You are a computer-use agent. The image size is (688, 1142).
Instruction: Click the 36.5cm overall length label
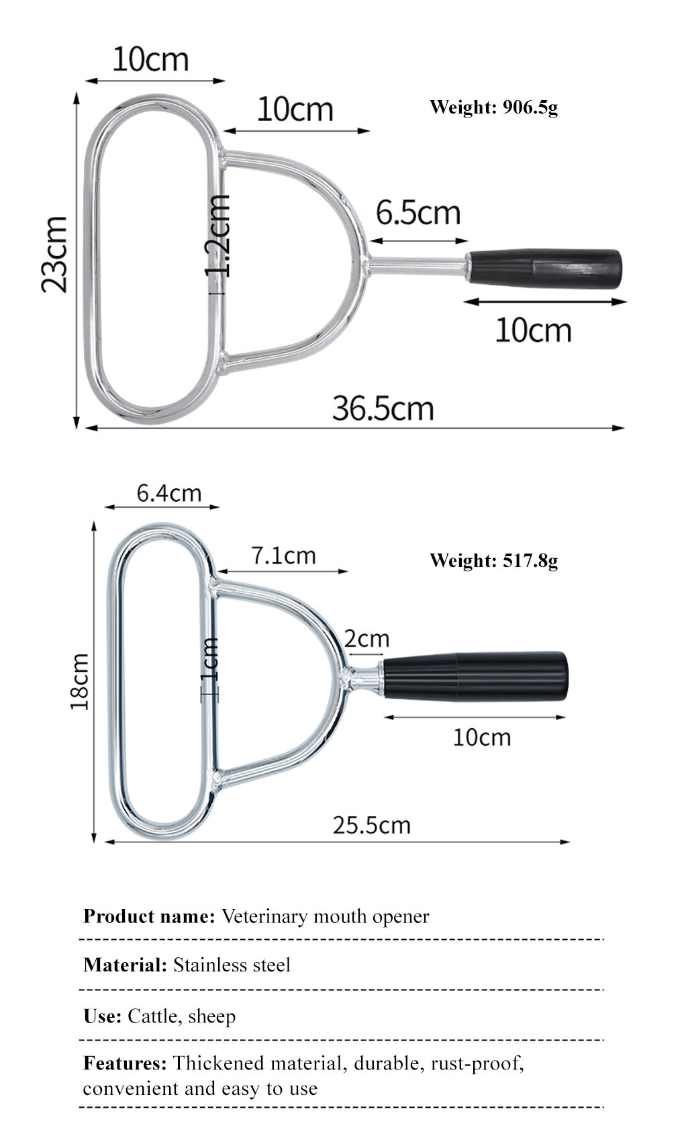tap(383, 408)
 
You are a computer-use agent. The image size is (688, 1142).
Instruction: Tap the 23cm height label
tap(54, 255)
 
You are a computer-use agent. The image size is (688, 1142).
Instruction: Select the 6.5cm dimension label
tap(417, 213)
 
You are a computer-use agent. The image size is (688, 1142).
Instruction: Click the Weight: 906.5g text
tap(493, 107)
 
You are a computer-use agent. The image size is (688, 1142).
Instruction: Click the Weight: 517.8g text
tap(493, 560)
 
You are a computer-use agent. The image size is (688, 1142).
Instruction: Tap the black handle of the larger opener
tap(544, 269)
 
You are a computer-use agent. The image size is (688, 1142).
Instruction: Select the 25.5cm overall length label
tap(371, 825)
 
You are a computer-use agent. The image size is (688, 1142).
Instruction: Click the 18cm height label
tap(80, 681)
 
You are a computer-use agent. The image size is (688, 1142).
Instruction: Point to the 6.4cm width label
tap(169, 494)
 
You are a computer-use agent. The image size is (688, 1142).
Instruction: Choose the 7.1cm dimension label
tap(283, 556)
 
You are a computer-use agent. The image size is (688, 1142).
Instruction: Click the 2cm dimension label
tap(366, 638)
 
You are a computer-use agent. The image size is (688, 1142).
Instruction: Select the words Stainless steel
tap(232, 965)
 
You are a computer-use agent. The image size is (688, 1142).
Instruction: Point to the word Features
tap(125, 1063)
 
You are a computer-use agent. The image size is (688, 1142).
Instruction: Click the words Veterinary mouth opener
tap(325, 916)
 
